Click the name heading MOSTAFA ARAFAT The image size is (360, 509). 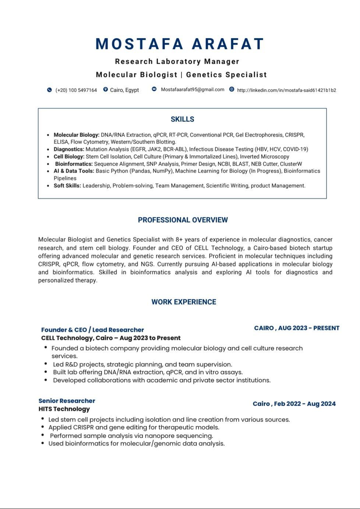(x=180, y=44)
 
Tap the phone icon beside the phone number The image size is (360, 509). (x=49, y=90)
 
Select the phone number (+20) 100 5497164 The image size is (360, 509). (x=76, y=90)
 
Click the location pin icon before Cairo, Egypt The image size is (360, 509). (x=106, y=89)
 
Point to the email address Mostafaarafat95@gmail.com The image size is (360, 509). (x=193, y=89)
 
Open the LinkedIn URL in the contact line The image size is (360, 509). (x=286, y=90)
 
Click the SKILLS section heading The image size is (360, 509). (x=182, y=119)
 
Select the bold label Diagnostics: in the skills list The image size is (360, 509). (x=69, y=149)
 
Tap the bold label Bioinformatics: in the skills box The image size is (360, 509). (x=74, y=164)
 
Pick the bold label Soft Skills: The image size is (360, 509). (x=67, y=186)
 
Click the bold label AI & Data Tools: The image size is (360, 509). (x=74, y=171)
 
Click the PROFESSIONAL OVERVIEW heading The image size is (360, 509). (x=183, y=220)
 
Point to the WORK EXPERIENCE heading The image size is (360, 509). (x=184, y=302)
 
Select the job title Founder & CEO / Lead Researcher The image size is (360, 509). (x=92, y=330)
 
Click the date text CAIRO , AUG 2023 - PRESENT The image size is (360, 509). (x=297, y=328)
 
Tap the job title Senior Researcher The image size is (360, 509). (x=67, y=401)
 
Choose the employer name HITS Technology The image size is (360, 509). (x=64, y=409)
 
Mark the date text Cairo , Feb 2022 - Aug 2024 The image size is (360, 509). (x=294, y=404)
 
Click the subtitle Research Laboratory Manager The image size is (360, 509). (x=177, y=61)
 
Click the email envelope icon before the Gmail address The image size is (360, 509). (x=154, y=89)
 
